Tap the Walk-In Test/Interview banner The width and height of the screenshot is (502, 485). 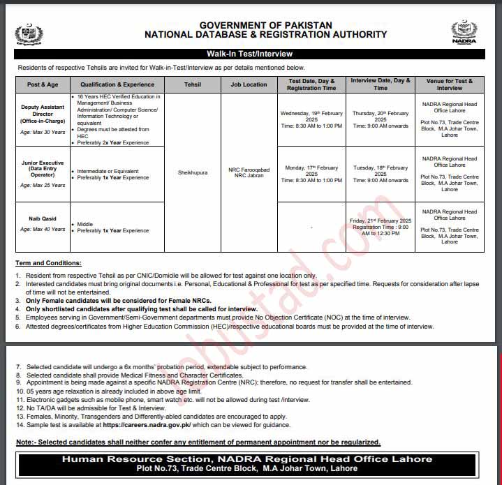[249, 54]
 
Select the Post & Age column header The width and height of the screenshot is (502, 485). [43, 84]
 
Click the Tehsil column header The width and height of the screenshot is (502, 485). [192, 84]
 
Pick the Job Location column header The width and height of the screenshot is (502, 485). [249, 84]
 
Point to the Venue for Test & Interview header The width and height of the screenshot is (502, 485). [450, 84]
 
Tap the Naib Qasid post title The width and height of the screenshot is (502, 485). [43, 218]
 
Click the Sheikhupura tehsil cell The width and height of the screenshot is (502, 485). [192, 172]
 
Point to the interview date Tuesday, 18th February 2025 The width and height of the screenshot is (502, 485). [380, 171]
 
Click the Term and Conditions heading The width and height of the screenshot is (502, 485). [48, 263]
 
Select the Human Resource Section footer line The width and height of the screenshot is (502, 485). [247, 458]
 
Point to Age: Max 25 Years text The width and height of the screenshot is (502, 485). [43, 186]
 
